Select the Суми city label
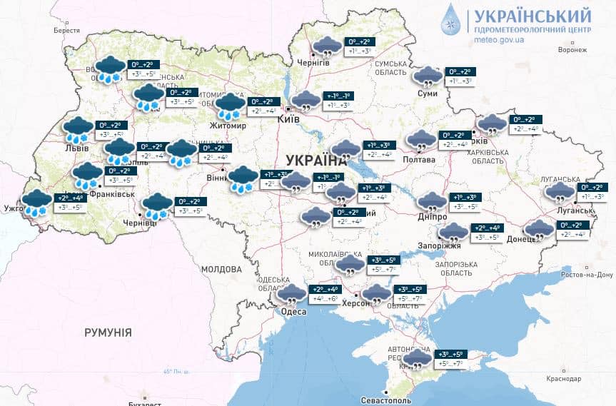click(427, 93)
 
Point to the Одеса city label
click(293, 313)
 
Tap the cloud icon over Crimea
click(418, 359)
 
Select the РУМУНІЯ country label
click(108, 333)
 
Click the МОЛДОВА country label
click(221, 270)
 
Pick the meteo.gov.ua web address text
click(500, 41)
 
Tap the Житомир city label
click(227, 126)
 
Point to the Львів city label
click(77, 148)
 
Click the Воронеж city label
click(572, 50)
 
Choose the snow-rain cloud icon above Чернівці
click(156, 207)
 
